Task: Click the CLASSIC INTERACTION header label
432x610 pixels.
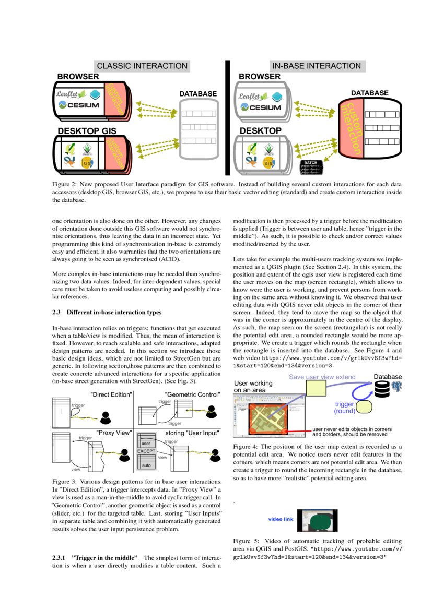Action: tap(142, 66)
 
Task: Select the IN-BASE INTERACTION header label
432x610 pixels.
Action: tap(317, 66)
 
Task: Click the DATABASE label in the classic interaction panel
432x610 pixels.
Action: tap(198, 94)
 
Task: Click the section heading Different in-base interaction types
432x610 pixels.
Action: tap(113, 313)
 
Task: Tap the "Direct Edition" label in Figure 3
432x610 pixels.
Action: tap(111, 394)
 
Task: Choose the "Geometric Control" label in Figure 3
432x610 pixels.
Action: tap(192, 394)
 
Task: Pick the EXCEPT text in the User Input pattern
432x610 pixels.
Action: tap(146, 451)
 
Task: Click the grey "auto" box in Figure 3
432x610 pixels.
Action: tap(146, 464)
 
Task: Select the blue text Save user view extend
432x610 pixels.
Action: tap(322, 377)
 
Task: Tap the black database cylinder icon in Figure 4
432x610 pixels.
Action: tap(382, 388)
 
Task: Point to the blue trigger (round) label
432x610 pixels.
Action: tap(345, 407)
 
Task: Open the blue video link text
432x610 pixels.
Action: tap(281, 519)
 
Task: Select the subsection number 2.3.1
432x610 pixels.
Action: tap(59, 558)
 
